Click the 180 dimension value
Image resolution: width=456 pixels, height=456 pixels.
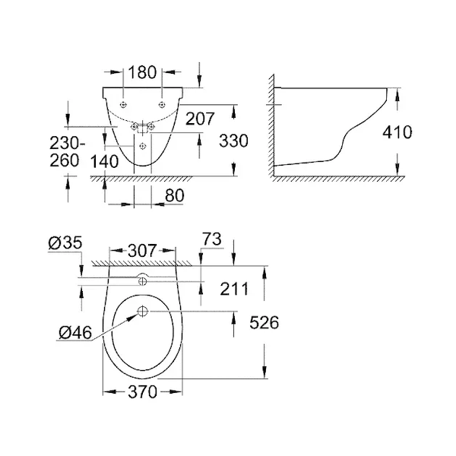tap(142, 72)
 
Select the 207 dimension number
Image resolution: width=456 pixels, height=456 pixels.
tap(200, 119)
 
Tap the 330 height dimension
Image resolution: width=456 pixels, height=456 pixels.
tap(233, 141)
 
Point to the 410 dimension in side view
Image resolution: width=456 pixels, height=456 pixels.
tap(397, 132)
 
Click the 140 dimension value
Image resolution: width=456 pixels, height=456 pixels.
tap(104, 162)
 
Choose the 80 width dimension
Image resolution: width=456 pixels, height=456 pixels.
tap(175, 195)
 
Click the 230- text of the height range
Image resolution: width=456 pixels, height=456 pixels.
tap(67, 143)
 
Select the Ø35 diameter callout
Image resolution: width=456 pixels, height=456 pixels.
tap(65, 243)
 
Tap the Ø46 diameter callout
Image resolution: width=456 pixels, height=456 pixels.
tap(75, 332)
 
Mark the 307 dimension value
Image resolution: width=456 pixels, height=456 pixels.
tap(142, 251)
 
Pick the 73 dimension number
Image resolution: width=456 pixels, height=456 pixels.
tap(212, 239)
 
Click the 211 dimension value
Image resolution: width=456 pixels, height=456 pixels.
tap(234, 289)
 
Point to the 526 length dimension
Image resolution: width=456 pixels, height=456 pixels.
tap(264, 322)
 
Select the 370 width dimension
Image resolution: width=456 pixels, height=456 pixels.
tap(142, 392)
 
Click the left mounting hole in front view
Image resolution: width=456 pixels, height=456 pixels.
tap(124, 105)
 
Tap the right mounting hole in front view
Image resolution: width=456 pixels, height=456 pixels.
tap(163, 105)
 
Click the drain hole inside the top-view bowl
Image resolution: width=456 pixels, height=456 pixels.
tap(143, 312)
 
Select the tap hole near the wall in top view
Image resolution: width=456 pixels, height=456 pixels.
tap(143, 281)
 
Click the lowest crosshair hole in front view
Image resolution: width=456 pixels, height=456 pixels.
tap(143, 146)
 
